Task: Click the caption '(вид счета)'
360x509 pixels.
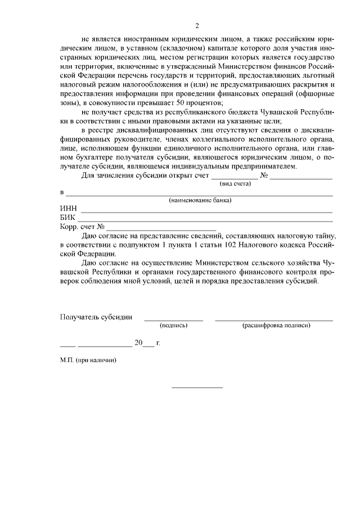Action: pyautogui.click(x=235, y=184)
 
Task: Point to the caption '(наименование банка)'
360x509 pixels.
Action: pyautogui.click(x=201, y=200)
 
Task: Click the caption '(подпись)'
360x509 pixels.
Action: pyautogui.click(x=174, y=325)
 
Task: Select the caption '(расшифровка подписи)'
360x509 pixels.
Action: pyautogui.click(x=276, y=325)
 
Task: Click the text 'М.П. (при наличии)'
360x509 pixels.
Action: pyautogui.click(x=88, y=360)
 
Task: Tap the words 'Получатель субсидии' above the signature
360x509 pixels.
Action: pyautogui.click(x=96, y=317)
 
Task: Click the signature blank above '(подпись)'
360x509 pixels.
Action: pyautogui.click(x=174, y=319)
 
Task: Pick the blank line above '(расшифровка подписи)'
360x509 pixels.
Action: pyautogui.click(x=274, y=319)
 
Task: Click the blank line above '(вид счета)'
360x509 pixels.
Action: pyautogui.click(x=235, y=178)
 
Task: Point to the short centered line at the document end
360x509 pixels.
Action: pyautogui.click(x=197, y=387)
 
